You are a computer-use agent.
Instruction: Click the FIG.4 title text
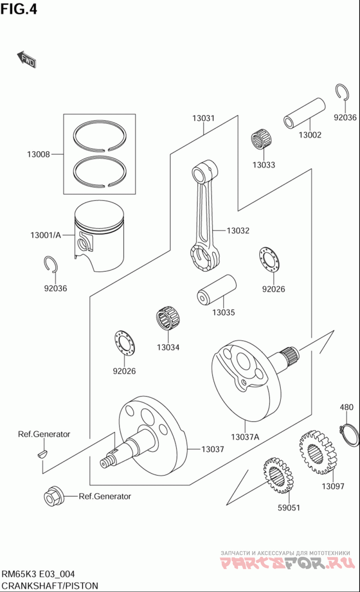pos(19,9)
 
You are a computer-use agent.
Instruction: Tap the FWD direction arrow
pos(27,59)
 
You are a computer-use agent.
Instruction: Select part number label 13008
pos(38,155)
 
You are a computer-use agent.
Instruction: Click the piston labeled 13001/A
pos(99,236)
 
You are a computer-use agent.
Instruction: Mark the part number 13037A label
pos(245,436)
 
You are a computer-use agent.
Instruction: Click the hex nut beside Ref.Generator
pos(51,496)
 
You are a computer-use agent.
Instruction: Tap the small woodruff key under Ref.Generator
pos(41,452)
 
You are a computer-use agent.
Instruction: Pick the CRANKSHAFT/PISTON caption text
pos(49,585)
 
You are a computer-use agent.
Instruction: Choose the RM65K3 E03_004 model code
pos(38,574)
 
